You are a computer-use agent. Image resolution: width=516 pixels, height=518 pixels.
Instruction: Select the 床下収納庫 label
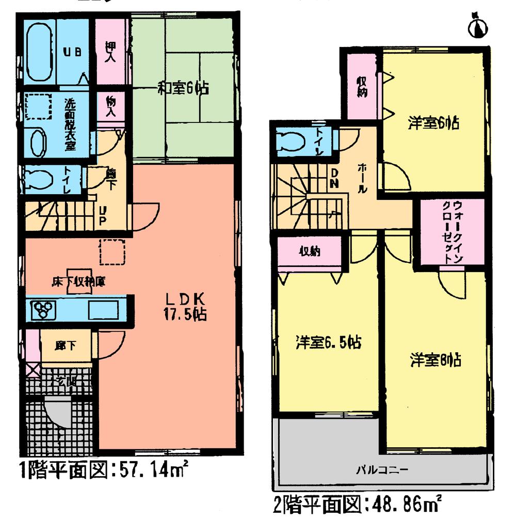coord(79,282)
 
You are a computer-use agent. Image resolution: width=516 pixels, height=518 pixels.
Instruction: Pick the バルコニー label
coord(382,470)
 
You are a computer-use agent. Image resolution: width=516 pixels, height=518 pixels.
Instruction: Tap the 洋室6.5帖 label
coord(328,342)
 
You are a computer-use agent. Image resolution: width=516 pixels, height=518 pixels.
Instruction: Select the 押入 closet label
coord(110,52)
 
